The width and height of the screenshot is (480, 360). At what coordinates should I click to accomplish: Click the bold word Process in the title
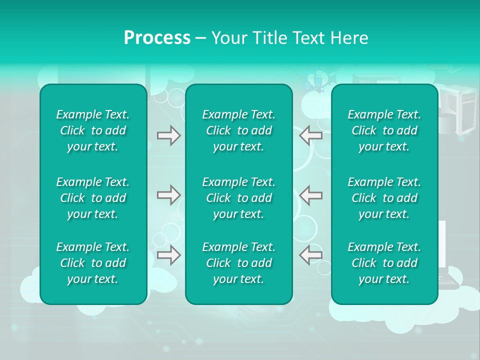157,38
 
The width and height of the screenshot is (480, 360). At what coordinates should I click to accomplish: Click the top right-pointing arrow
168,135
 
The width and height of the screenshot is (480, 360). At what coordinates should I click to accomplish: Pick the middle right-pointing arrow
168,195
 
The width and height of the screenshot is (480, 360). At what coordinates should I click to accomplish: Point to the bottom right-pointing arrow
168,255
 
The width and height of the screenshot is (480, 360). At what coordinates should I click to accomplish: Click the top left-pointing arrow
310,135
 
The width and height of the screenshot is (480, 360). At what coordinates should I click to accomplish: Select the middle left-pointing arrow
310,195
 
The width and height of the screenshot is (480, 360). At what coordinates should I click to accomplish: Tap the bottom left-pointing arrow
310,255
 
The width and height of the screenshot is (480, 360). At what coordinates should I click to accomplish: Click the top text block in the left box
93,130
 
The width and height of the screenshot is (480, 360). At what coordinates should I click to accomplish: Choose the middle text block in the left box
93,198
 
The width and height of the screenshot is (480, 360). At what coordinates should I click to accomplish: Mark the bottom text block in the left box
93,263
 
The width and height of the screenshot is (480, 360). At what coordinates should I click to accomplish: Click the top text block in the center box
238,130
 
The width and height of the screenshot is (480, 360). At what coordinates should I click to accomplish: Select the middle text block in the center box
238,198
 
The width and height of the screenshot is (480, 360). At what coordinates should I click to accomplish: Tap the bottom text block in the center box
238,263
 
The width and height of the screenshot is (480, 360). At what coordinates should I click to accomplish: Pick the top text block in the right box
384,130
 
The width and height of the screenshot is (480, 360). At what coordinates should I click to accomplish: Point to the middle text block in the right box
384,198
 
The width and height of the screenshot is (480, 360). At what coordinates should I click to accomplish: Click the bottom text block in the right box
384,263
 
